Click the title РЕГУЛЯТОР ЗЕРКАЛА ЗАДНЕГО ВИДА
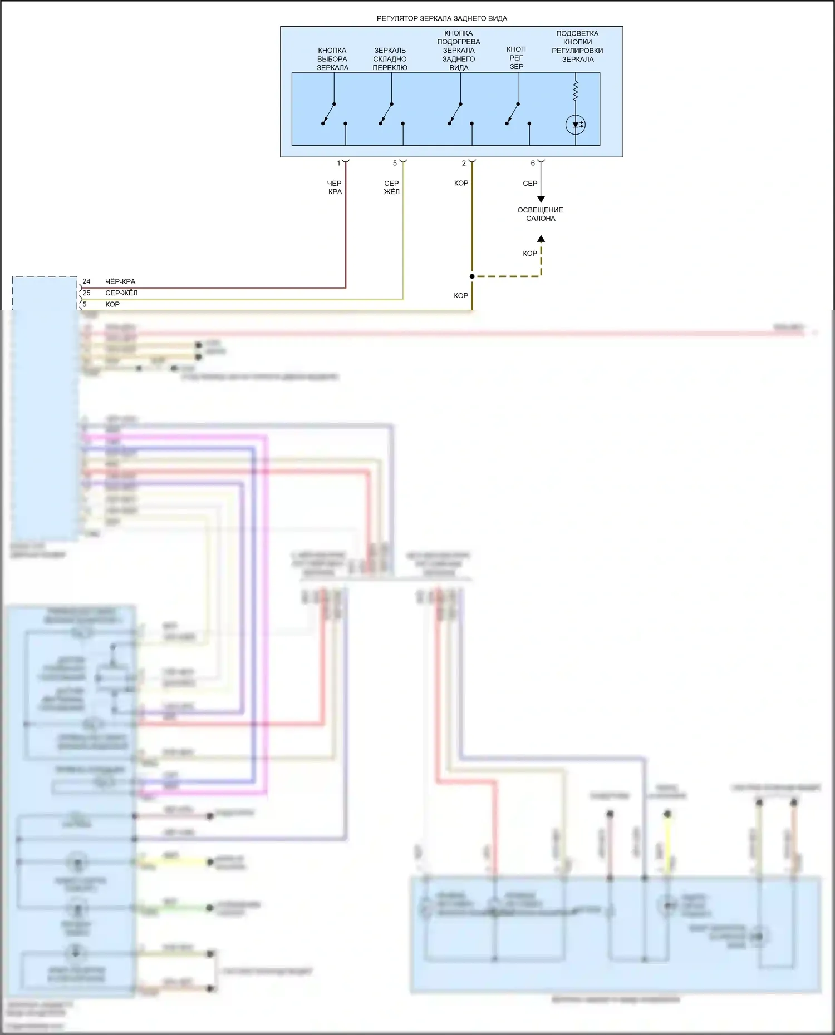441,18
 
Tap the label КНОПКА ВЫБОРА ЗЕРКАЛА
332,59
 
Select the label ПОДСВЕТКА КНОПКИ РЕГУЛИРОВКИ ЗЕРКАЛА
577,46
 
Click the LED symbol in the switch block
575,125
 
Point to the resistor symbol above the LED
575,90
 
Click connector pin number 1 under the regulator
338,164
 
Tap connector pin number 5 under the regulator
395,164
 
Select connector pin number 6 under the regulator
533,164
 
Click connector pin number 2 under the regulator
464,164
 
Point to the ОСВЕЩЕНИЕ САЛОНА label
541,214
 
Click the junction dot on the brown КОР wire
472,276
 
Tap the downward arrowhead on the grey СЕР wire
541,199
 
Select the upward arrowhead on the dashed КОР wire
541,239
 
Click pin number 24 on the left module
86,281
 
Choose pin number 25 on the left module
86,293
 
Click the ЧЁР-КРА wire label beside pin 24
120,281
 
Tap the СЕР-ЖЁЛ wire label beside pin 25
121,293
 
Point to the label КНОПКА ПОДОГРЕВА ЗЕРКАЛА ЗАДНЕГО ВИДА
459,51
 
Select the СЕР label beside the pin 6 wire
530,183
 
